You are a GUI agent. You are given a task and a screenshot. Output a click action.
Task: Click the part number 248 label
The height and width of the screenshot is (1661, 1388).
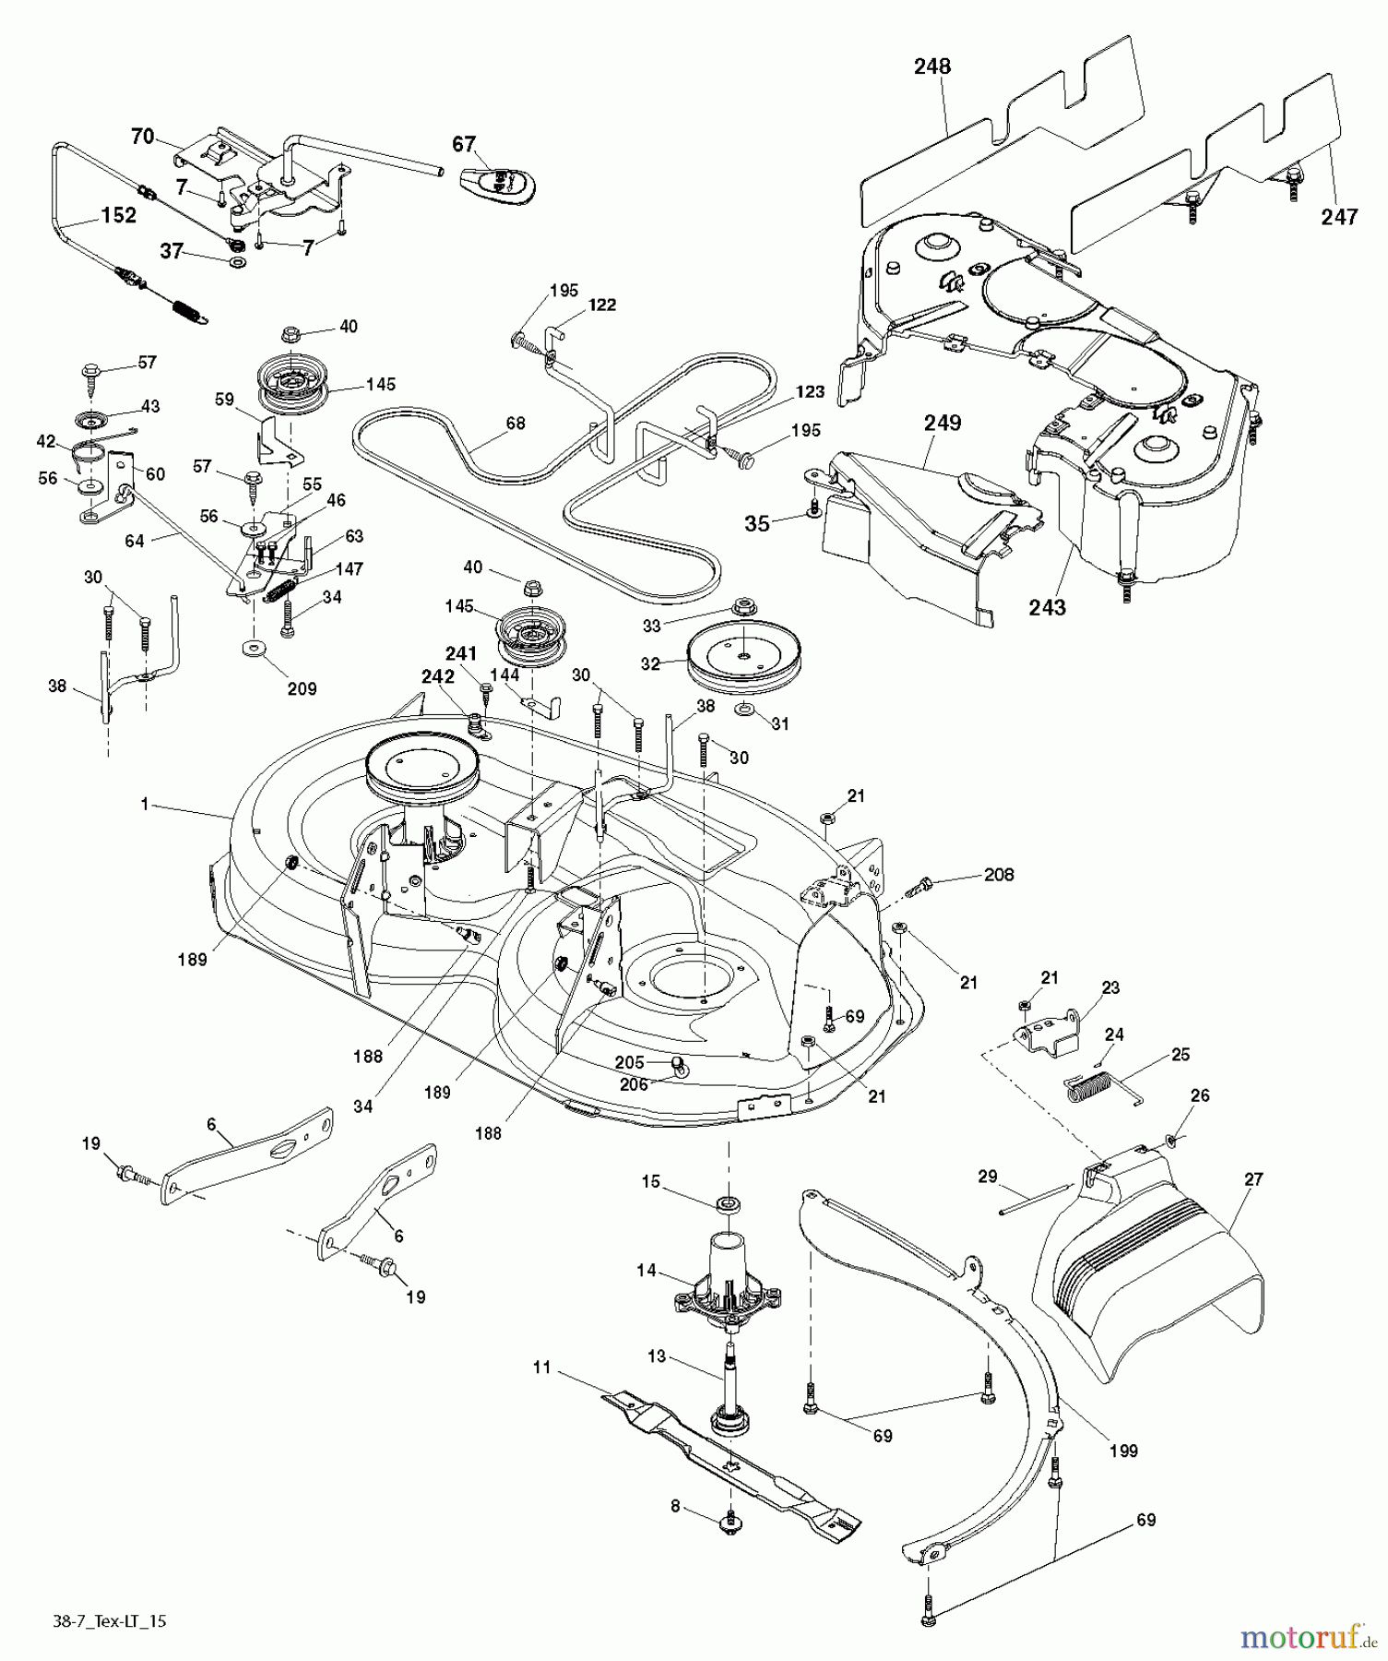932,66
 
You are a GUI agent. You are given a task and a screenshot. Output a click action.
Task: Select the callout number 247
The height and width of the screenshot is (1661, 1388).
1339,217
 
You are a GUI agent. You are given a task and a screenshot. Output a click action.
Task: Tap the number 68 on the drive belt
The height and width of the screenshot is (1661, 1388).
516,423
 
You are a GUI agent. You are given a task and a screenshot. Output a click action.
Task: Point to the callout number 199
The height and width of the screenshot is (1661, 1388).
1122,1451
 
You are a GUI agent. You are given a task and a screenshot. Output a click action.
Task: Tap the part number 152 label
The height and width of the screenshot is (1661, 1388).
118,216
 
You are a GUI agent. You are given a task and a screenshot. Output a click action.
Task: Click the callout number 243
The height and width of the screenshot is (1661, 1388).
1047,607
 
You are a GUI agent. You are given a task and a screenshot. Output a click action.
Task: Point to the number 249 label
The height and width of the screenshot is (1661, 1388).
943,423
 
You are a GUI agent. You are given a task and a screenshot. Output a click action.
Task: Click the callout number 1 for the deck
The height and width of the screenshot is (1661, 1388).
145,805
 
